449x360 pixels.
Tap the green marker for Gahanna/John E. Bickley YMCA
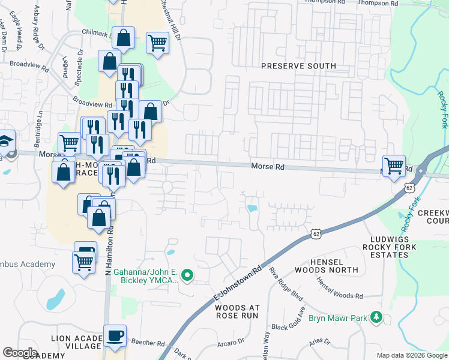(187, 276)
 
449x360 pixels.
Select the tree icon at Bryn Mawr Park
(376, 316)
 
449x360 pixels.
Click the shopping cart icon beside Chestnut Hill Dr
(157, 43)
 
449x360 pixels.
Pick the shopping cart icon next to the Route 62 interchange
(394, 166)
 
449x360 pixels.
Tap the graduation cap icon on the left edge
(5, 142)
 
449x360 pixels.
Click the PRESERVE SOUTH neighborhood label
(298, 65)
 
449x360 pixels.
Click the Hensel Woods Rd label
(340, 289)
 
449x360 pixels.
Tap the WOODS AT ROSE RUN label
(237, 311)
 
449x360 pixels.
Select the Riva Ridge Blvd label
(282, 283)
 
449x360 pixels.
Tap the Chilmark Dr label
(95, 35)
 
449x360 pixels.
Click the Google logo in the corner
(20, 352)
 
